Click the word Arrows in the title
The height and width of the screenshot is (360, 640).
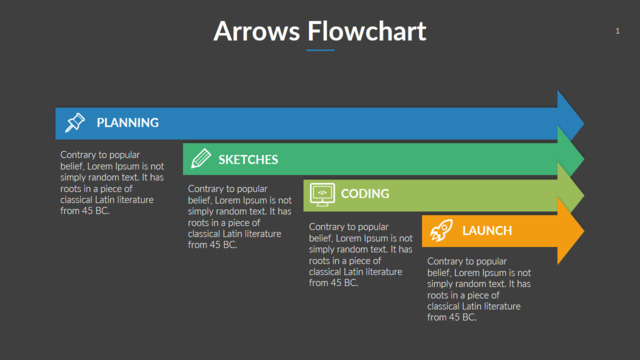257,31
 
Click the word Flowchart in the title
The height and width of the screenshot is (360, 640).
367,31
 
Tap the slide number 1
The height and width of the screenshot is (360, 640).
618,31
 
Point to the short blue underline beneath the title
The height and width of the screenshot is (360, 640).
320,50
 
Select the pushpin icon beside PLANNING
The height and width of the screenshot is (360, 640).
75,122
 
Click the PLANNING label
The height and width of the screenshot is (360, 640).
128,122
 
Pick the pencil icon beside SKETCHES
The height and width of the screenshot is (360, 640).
201,159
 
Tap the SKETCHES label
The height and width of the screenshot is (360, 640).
248,160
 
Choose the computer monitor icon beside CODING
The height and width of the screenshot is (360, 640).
322,195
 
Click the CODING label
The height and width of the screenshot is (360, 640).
365,193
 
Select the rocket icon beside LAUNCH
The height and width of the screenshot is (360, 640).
441,231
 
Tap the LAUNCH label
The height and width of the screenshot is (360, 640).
487,231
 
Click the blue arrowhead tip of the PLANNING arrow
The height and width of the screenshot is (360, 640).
584,122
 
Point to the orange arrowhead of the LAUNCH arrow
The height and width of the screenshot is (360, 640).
571,231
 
